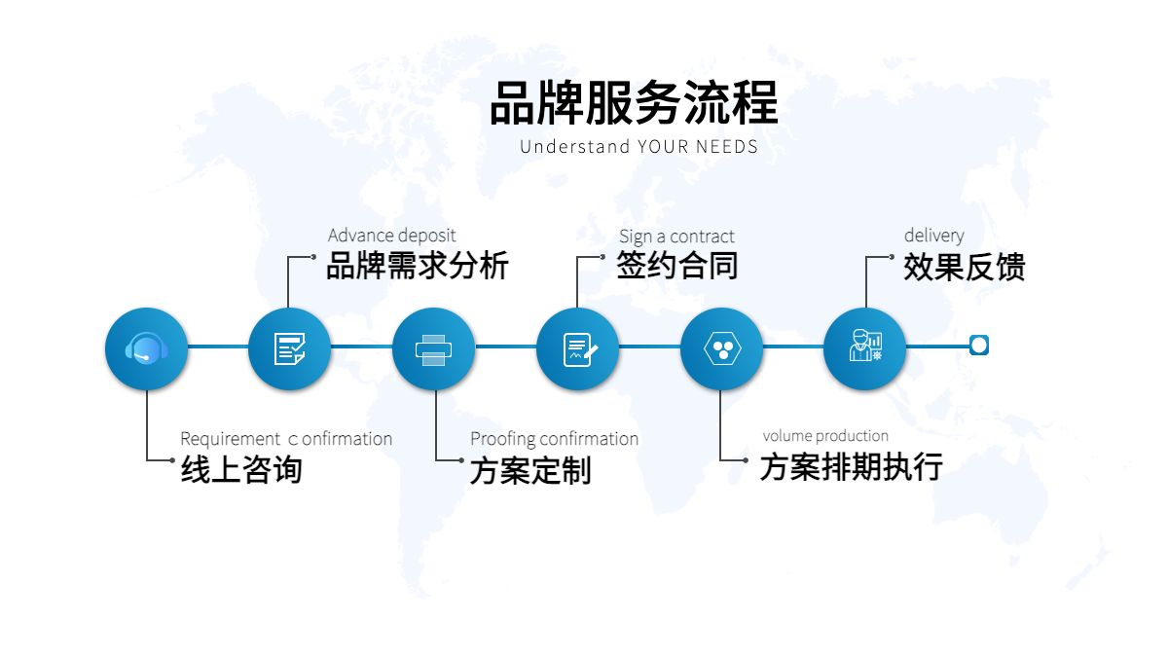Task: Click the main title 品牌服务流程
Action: pyautogui.click(x=634, y=103)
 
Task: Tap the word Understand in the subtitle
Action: pyautogui.click(x=574, y=147)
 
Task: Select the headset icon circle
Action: pyautogui.click(x=147, y=348)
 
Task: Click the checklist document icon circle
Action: pyautogui.click(x=290, y=348)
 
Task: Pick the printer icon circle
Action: pyautogui.click(x=434, y=348)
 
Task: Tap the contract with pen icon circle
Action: pyautogui.click(x=578, y=348)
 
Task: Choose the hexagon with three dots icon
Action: pyautogui.click(x=722, y=348)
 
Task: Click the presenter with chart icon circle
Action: pyautogui.click(x=865, y=348)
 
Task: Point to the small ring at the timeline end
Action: pyautogui.click(x=979, y=346)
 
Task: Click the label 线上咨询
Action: pyautogui.click(x=241, y=469)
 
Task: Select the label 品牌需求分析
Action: pyautogui.click(x=418, y=266)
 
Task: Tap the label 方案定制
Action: pyautogui.click(x=530, y=470)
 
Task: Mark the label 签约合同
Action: pyautogui.click(x=676, y=265)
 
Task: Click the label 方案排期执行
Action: pyautogui.click(x=852, y=466)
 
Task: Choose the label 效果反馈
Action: pyautogui.click(x=965, y=267)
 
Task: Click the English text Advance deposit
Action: pyautogui.click(x=392, y=236)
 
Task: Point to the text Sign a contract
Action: pyautogui.click(x=676, y=237)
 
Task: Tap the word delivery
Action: pyautogui.click(x=934, y=236)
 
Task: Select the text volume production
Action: pyautogui.click(x=825, y=436)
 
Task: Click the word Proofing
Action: pyautogui.click(x=502, y=440)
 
